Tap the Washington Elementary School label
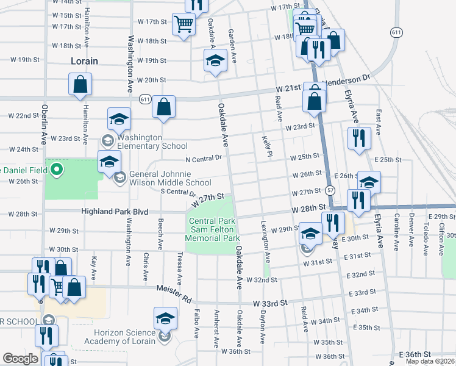pyautogui.click(x=150, y=142)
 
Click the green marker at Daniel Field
pyautogui.click(x=57, y=169)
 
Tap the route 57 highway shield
pyautogui.click(x=329, y=190)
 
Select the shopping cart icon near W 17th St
pyautogui.click(x=184, y=25)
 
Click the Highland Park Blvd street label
pyautogui.click(x=115, y=212)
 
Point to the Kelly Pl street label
pyautogui.click(x=266, y=145)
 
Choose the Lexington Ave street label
pyautogui.click(x=264, y=237)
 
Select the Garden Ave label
pyautogui.click(x=232, y=41)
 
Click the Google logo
pyautogui.click(x=20, y=359)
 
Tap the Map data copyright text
pyautogui.click(x=430, y=361)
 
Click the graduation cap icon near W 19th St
pyautogui.click(x=215, y=60)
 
